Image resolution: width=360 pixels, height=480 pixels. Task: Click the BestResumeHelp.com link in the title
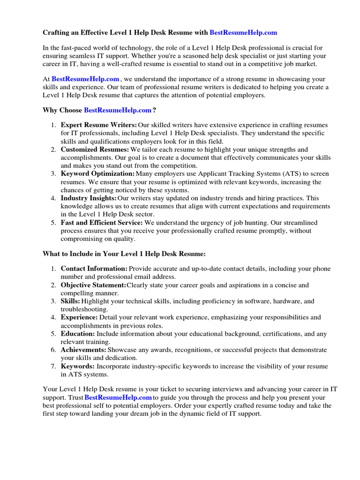click(x=243, y=32)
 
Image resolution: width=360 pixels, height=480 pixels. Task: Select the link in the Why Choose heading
click(x=118, y=110)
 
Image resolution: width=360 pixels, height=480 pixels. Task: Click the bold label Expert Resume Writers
click(x=99, y=125)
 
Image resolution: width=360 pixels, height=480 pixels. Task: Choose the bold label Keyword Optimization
click(x=97, y=174)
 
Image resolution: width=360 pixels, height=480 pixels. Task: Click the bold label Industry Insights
click(x=89, y=198)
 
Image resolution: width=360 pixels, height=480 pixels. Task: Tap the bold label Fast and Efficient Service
click(x=102, y=223)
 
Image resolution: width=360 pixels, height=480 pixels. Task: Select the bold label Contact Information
click(x=94, y=269)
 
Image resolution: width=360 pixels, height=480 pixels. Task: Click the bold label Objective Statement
click(x=93, y=285)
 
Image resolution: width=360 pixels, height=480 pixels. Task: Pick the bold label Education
click(x=78, y=334)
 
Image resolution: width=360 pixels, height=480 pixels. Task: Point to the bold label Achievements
click(x=83, y=350)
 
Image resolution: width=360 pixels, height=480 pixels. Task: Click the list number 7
click(x=53, y=366)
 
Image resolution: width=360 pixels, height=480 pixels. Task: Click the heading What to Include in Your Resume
click(x=124, y=254)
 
